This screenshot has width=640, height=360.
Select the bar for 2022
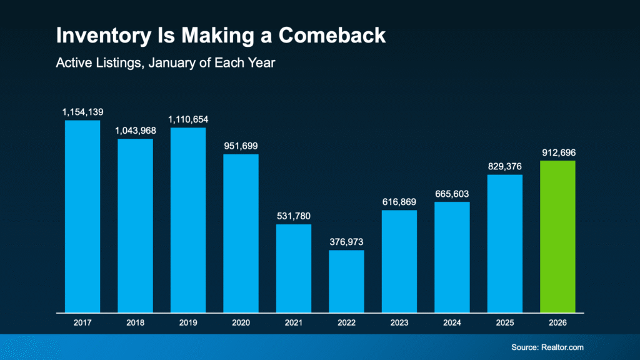(x=346, y=281)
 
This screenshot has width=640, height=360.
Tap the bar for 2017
(x=82, y=216)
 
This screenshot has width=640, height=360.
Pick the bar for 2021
(x=294, y=268)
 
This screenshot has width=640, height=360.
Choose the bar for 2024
(x=452, y=257)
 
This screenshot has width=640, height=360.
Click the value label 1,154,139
(x=82, y=112)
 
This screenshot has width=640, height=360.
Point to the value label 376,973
(x=346, y=242)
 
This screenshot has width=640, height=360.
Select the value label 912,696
(x=557, y=152)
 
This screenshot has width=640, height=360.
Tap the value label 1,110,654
(x=188, y=119)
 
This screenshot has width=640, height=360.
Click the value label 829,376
(x=504, y=166)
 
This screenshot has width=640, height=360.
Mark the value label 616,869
(x=399, y=202)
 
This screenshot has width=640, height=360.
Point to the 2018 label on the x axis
(x=135, y=322)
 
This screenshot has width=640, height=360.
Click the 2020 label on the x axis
(x=241, y=322)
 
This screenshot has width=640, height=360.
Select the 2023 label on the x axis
(x=399, y=322)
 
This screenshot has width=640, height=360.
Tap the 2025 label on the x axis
(x=504, y=322)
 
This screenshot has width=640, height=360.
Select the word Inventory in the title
(x=101, y=36)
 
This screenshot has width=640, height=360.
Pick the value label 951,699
(x=241, y=146)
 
